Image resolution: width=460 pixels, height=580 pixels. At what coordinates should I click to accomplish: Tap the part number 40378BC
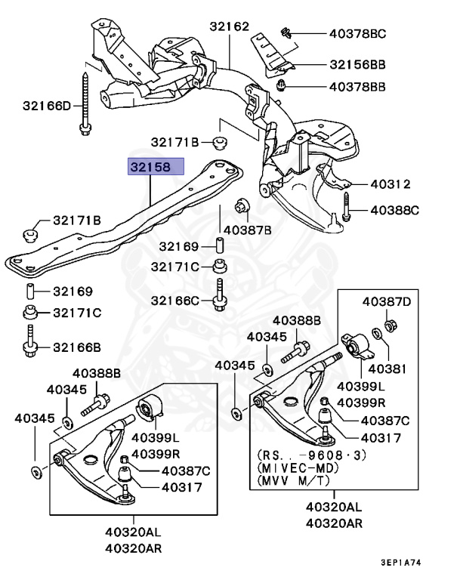click(x=357, y=33)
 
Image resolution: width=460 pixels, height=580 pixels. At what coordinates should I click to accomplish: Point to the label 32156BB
click(x=357, y=65)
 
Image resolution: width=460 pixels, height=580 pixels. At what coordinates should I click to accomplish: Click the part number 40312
click(x=389, y=184)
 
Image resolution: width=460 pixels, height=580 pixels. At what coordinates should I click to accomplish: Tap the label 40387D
click(x=387, y=302)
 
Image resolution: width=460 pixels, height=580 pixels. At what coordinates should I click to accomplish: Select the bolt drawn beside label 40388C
click(x=345, y=208)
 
